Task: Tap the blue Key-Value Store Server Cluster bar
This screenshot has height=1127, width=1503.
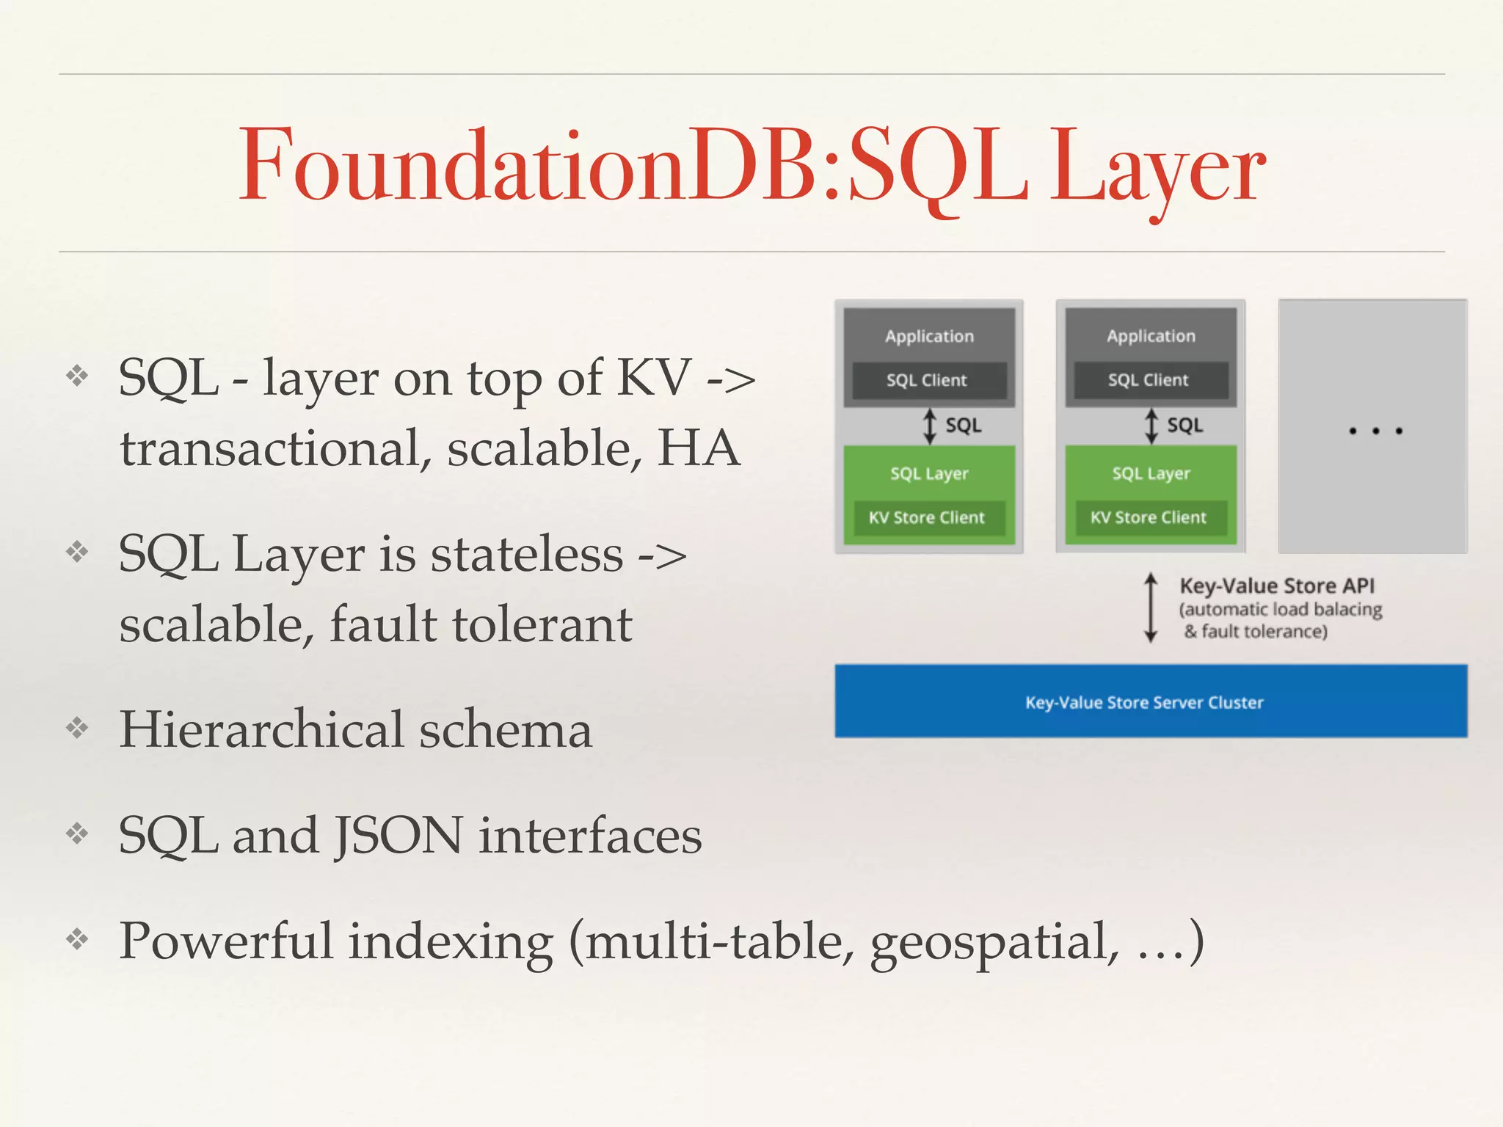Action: (x=1151, y=701)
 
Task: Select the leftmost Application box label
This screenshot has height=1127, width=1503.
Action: (x=929, y=336)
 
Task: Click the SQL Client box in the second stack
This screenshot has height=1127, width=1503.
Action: (x=1149, y=380)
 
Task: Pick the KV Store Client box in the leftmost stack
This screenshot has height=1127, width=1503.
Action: (x=928, y=518)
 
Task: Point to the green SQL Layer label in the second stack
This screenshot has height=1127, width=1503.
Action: (x=1151, y=474)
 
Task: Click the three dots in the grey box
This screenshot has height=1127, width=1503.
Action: (x=1375, y=431)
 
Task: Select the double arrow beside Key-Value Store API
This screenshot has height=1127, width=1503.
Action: (x=1151, y=608)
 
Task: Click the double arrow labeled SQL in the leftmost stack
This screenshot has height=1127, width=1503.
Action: (x=930, y=426)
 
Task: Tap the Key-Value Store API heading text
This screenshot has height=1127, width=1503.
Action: (x=1276, y=586)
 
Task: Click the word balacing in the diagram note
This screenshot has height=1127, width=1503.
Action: (x=1347, y=610)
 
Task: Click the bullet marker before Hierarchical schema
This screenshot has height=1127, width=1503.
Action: (x=77, y=728)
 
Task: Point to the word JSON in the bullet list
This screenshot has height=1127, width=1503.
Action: (x=399, y=835)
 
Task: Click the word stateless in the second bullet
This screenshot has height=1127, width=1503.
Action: (x=526, y=555)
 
